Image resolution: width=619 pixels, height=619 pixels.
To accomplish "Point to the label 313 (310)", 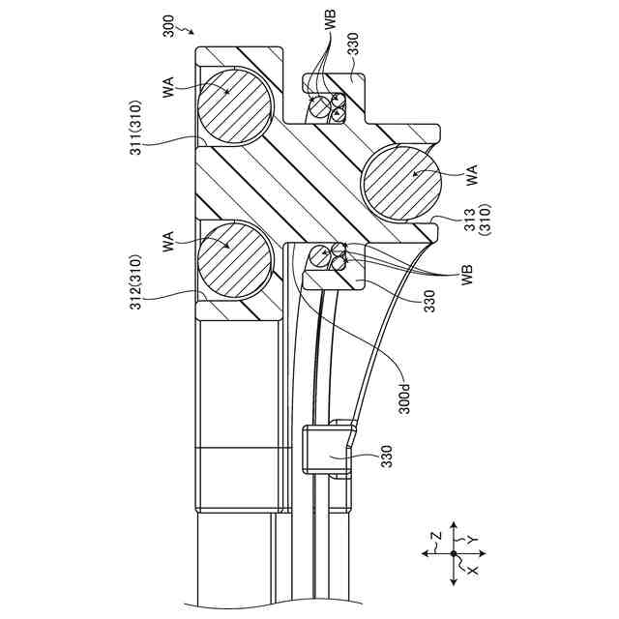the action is [x=477, y=220].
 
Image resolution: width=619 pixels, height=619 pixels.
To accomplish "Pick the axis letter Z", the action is [x=436, y=536].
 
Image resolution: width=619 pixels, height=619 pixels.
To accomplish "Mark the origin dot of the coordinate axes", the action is [x=454, y=553].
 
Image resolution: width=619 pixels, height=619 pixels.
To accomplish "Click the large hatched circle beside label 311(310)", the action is [x=234, y=105].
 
